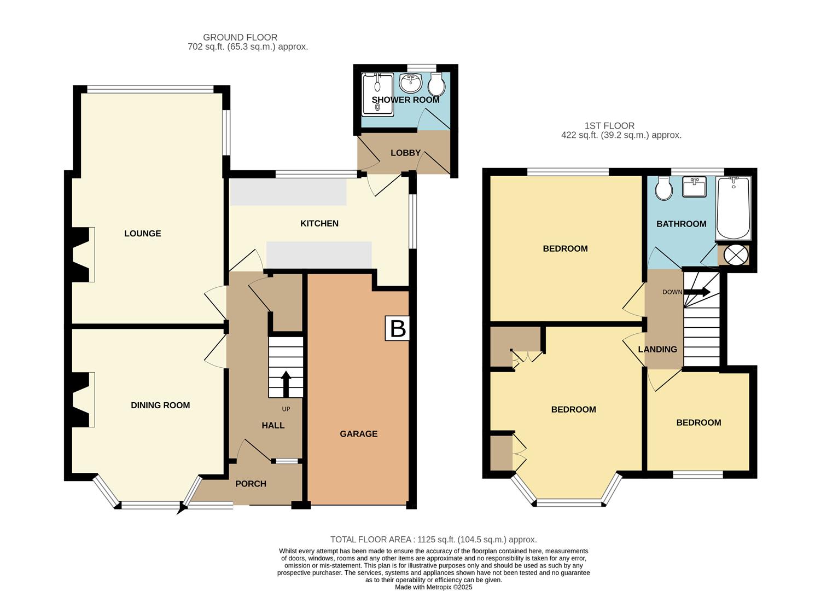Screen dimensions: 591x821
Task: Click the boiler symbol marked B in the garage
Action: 398,328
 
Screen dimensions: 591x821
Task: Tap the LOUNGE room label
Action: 143,234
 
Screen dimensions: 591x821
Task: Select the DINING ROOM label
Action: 160,405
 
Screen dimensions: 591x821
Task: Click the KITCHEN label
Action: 319,223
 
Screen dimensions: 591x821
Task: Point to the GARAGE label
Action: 359,434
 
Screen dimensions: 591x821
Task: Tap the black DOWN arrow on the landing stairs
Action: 697,292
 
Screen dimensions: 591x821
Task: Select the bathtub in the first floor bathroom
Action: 733,208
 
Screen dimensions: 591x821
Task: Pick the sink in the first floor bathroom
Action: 695,187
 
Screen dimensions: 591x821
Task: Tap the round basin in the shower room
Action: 410,83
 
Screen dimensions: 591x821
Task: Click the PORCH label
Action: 251,484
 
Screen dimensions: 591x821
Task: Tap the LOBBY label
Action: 405,153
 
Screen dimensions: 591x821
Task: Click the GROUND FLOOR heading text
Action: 240,37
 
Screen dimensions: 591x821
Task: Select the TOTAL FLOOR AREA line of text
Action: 433,540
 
